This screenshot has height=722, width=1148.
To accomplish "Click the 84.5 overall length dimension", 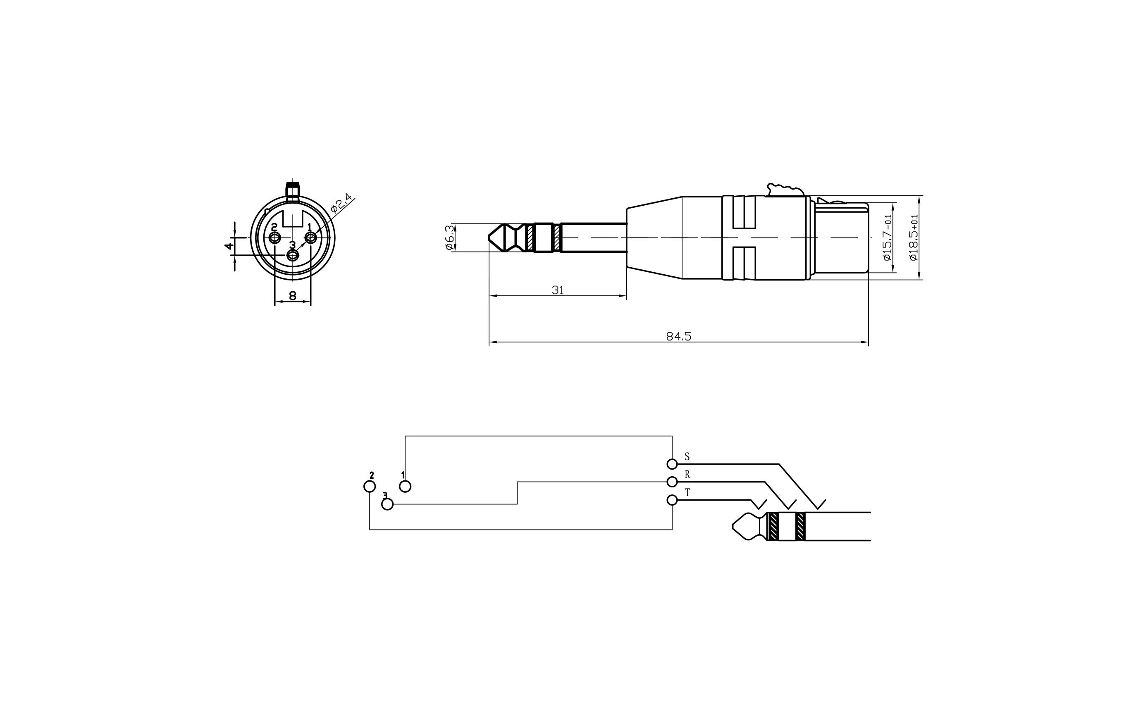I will [x=678, y=336].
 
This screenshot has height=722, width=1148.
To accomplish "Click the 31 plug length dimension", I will [x=558, y=290].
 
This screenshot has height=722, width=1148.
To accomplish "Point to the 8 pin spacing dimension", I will [x=293, y=296].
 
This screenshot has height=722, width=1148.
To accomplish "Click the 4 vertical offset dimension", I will [x=229, y=246].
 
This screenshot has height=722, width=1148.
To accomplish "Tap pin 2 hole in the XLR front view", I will [x=274, y=237].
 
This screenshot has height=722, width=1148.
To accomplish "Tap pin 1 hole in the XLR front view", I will [x=310, y=237].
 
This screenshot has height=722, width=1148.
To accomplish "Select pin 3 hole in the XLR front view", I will [x=292, y=256].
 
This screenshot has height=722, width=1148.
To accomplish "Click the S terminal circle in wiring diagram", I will [x=672, y=464].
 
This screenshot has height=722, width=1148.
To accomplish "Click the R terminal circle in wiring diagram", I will [x=672, y=482].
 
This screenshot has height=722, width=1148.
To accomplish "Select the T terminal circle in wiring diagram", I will [x=672, y=500].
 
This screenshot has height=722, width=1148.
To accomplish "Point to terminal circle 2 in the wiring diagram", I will [x=370, y=486].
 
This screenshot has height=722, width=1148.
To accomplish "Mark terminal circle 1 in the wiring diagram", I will [x=405, y=486].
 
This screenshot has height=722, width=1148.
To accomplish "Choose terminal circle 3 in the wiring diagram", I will [x=388, y=504].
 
